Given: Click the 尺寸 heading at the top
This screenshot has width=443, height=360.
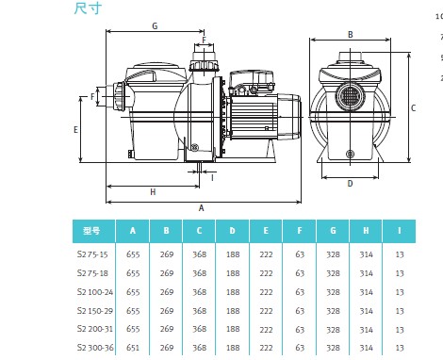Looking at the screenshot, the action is pos(88,8).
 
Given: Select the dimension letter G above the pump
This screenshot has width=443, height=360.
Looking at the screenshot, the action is pos(155,26).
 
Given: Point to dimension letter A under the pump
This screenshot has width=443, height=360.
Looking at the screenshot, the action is pos(202,208).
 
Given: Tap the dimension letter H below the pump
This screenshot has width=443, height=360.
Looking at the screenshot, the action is pos(153,192).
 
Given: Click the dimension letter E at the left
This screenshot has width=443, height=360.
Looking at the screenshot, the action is pos(75,130).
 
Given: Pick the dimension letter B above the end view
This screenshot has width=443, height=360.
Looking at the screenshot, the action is pos(351,35).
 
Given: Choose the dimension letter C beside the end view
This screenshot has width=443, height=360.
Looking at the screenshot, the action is pos(413,108).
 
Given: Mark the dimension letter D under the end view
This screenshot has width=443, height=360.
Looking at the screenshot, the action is pos(350,184).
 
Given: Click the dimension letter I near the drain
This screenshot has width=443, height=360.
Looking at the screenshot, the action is pos(212,178).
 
